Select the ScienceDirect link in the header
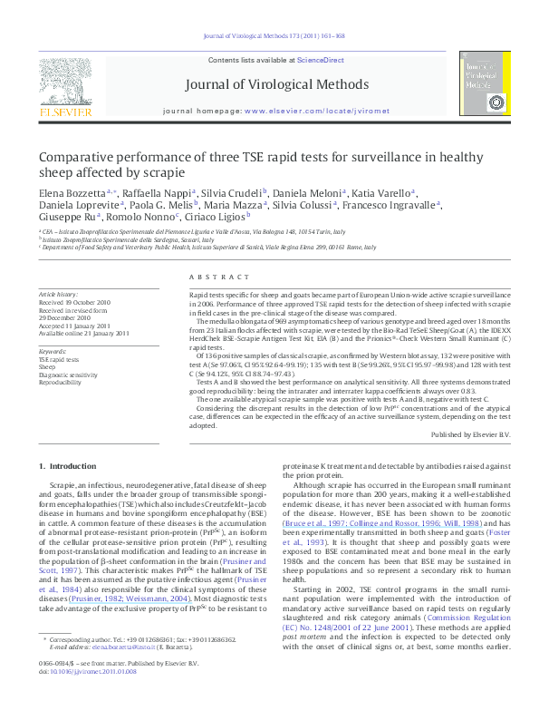[x=314, y=59]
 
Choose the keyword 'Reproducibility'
[x=62, y=380]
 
